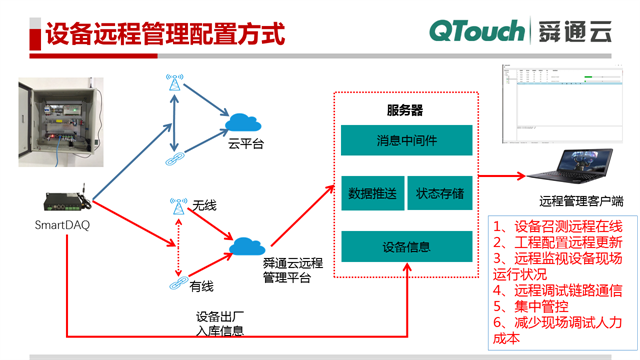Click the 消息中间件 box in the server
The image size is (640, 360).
pyautogui.click(x=406, y=139)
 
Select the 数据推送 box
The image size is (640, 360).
pyautogui.click(x=371, y=192)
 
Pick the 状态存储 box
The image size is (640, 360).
pyautogui.click(x=440, y=192)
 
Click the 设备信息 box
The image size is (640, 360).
pyautogui.click(x=406, y=246)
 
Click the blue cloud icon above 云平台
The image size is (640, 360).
pyautogui.click(x=245, y=122)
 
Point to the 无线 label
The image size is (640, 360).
pyautogui.click(x=204, y=205)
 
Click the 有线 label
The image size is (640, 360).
pyautogui.click(x=202, y=287)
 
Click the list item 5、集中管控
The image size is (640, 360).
pyautogui.click(x=530, y=307)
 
